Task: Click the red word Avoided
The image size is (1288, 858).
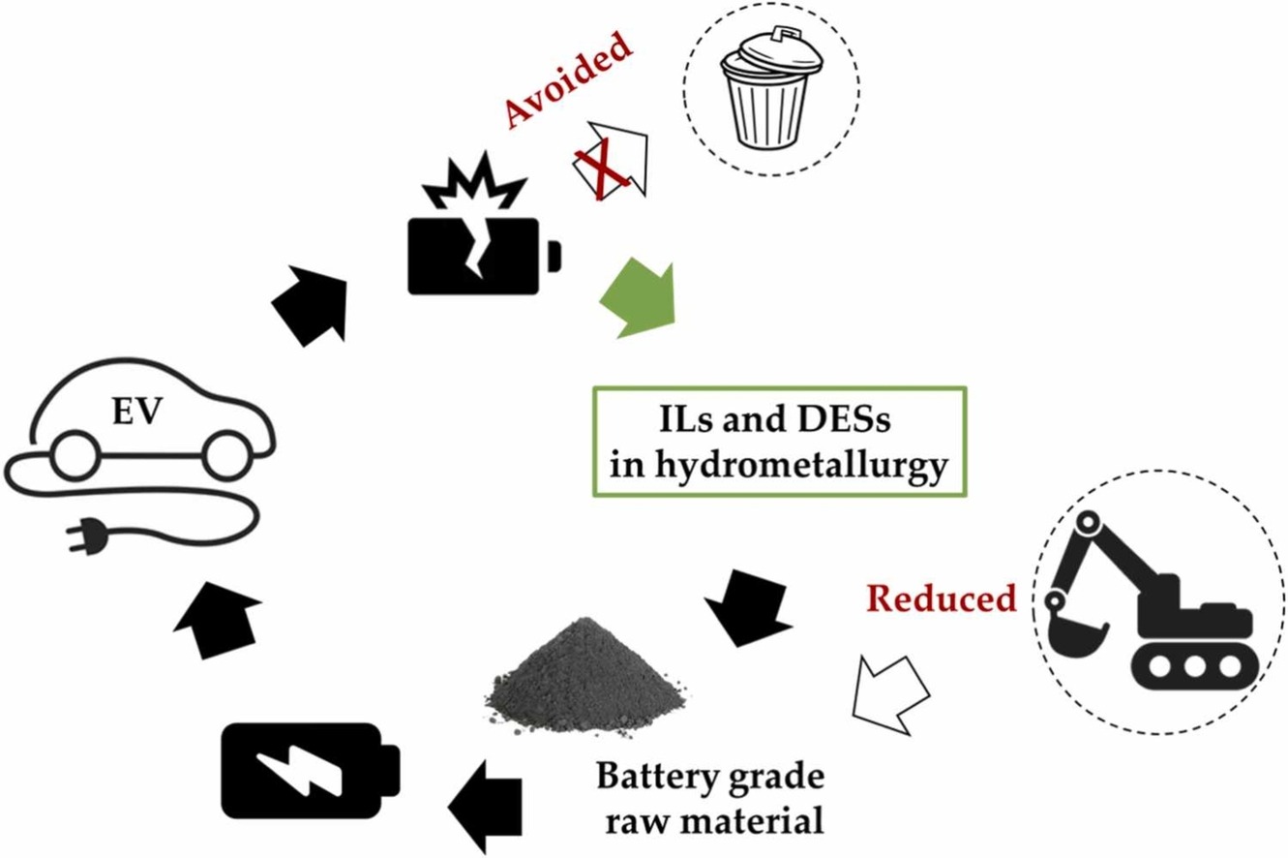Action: pyautogui.click(x=569, y=81)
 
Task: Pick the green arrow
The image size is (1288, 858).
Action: pyautogui.click(x=638, y=296)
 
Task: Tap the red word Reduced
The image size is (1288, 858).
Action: pyautogui.click(x=941, y=598)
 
